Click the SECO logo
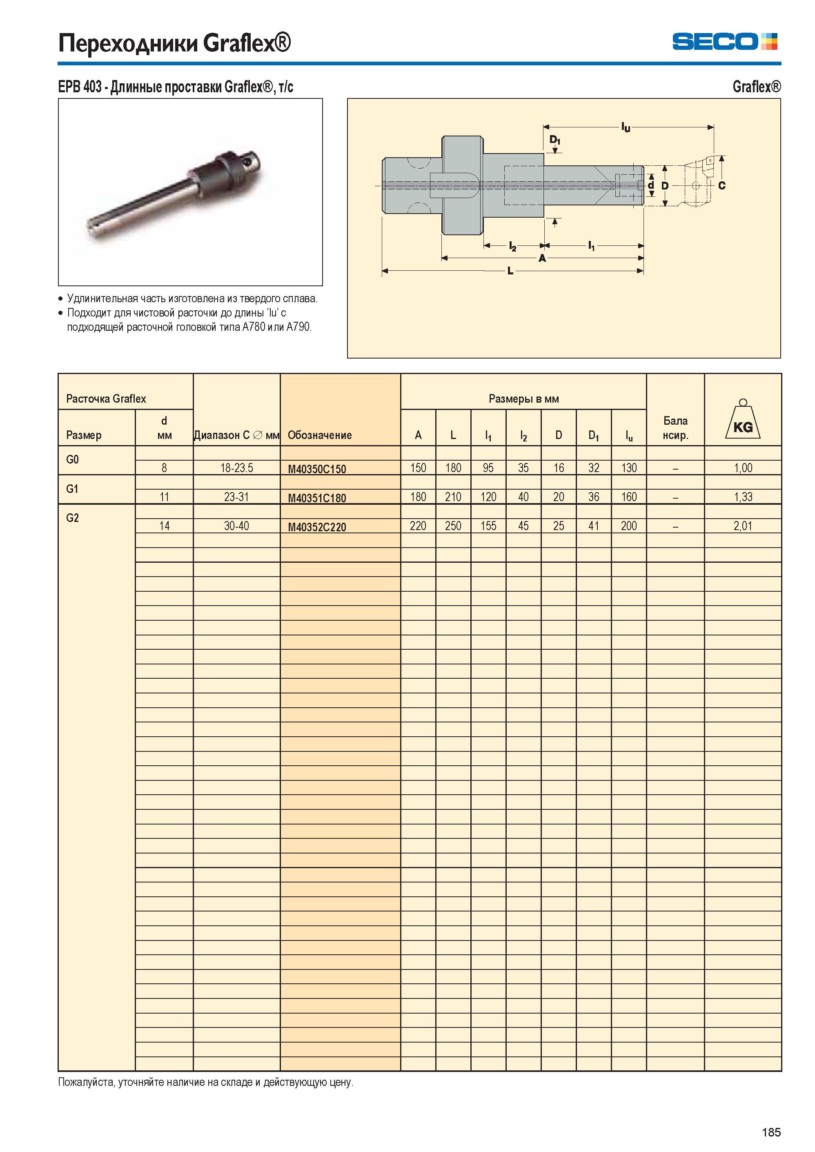tap(725, 41)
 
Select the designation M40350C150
tap(317, 469)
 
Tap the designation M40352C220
tap(317, 528)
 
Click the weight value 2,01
tap(743, 526)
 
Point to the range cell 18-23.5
tap(236, 468)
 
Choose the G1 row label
tap(72, 489)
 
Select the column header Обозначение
tap(320, 435)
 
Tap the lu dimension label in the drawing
tap(626, 127)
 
